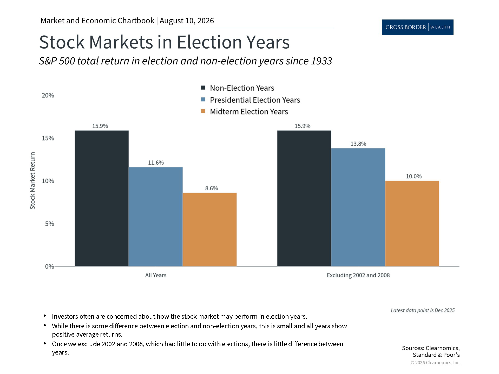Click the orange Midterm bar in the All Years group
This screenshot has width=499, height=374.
[x=210, y=229]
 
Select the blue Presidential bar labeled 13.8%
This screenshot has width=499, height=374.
[x=358, y=207]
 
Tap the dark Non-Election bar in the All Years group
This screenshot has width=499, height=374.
[x=102, y=198]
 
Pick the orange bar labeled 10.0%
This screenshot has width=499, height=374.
[x=412, y=223]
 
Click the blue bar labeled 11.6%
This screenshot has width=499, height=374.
[x=156, y=217]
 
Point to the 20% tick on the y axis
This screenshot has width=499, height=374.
[x=48, y=95]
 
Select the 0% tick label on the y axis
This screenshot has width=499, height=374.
[x=50, y=266]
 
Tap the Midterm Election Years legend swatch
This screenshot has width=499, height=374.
[x=203, y=111]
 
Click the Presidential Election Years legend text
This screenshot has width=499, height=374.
[x=255, y=100]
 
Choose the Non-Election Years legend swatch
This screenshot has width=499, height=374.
[x=203, y=88]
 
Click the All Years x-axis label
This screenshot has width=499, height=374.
[x=156, y=275]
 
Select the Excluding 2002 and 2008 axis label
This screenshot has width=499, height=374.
[x=358, y=275]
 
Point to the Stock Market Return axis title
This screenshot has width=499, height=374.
[x=32, y=181]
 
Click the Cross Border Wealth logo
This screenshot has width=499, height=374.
[x=418, y=27]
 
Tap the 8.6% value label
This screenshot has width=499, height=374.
[x=212, y=188]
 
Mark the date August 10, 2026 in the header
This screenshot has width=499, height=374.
[x=187, y=21]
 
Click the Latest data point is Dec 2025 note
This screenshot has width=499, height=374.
[x=423, y=310]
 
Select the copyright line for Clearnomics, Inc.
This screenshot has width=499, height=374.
[x=436, y=363]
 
